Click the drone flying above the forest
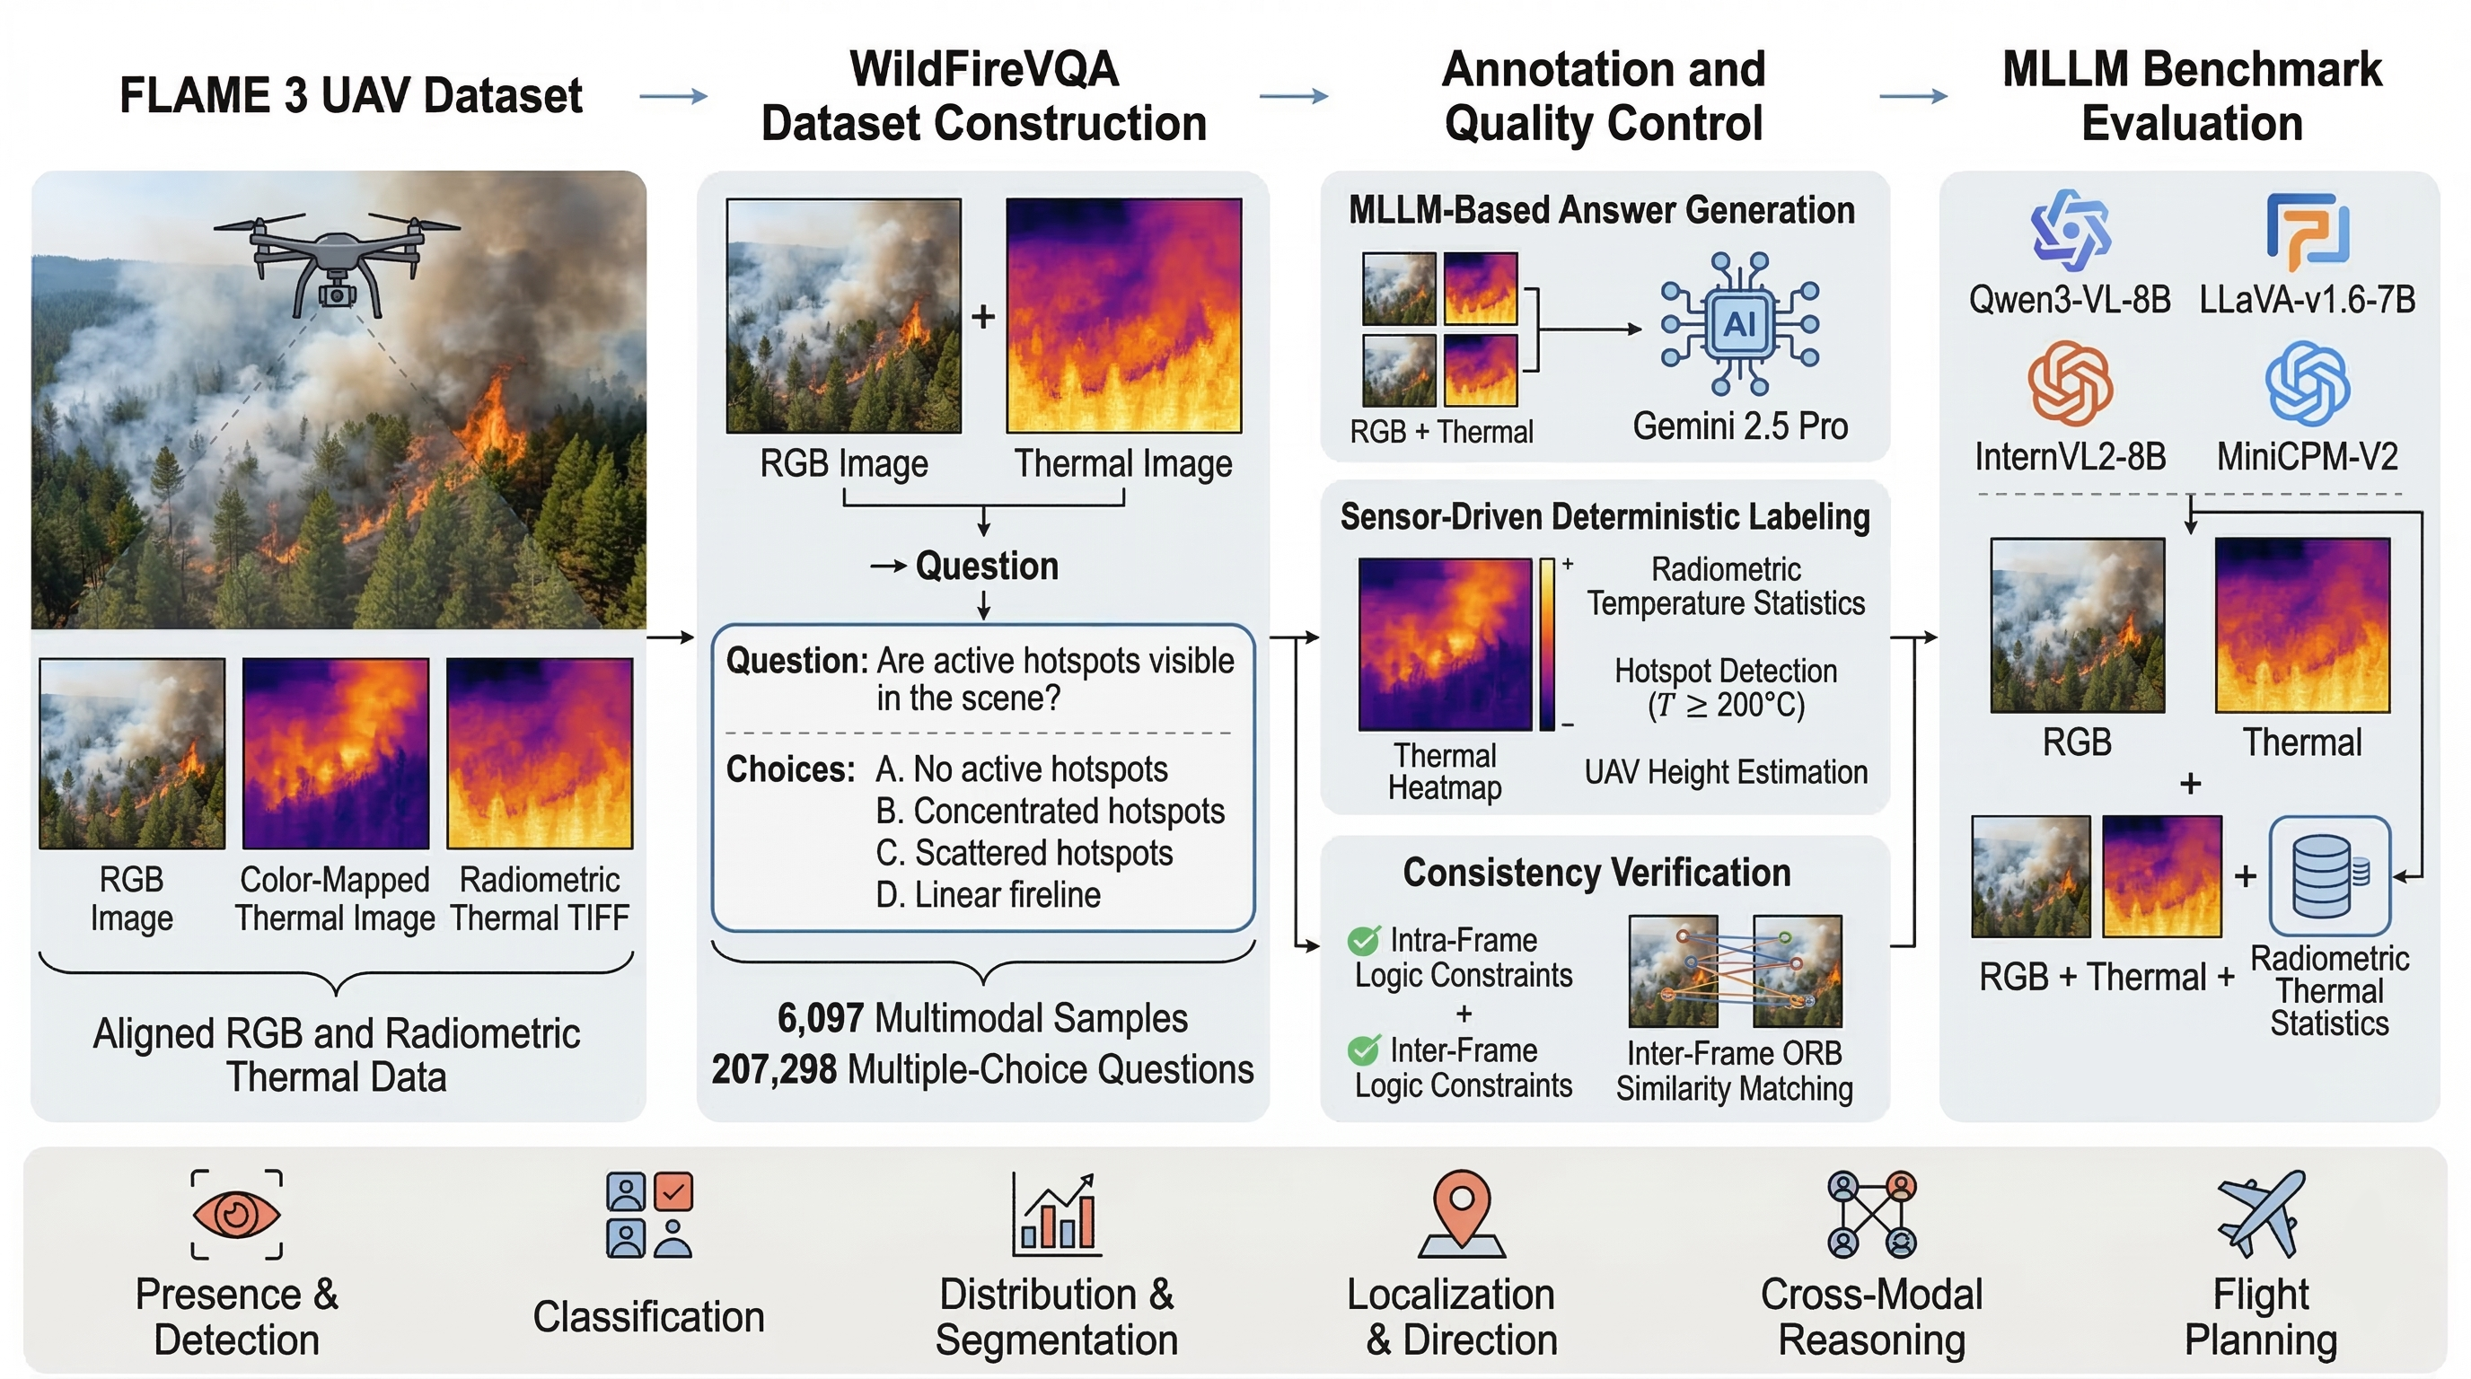pyautogui.click(x=336, y=264)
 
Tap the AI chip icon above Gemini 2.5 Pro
pyautogui.click(x=1739, y=324)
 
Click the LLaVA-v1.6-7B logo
pyautogui.click(x=2307, y=231)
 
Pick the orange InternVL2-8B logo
pyautogui.click(x=2070, y=383)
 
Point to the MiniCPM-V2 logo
pyautogui.click(x=2307, y=383)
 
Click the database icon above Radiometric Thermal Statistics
pyautogui.click(x=2329, y=876)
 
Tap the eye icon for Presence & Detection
pyautogui.click(x=236, y=1214)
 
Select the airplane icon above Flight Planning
pyautogui.click(x=2260, y=1213)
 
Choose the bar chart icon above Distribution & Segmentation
pyautogui.click(x=1057, y=1215)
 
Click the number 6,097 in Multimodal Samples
pyautogui.click(x=820, y=1018)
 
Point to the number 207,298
pyautogui.click(x=774, y=1069)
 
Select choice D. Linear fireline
pyautogui.click(x=988, y=895)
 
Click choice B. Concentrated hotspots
pyautogui.click(x=1050, y=812)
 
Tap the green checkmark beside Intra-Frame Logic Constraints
pyautogui.click(x=1363, y=941)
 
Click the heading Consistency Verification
pyautogui.click(x=1596, y=873)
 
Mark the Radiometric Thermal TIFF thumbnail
pyautogui.click(x=540, y=754)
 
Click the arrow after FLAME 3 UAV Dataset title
pyautogui.click(x=673, y=96)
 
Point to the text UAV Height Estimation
pyautogui.click(x=1726, y=772)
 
